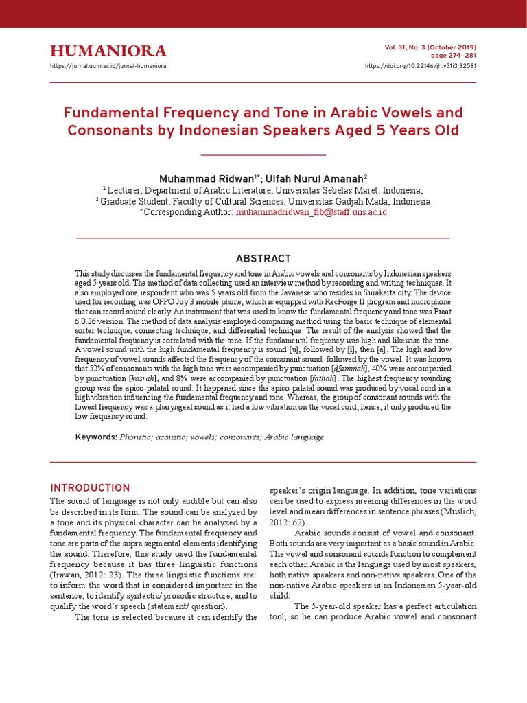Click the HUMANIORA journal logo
click(x=108, y=51)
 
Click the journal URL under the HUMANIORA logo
click(x=108, y=66)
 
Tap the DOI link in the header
click(x=420, y=66)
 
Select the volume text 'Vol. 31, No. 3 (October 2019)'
click(x=432, y=47)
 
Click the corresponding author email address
click(x=312, y=213)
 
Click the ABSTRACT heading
click(x=263, y=258)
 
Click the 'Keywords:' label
click(x=96, y=437)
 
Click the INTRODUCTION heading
click(x=90, y=488)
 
